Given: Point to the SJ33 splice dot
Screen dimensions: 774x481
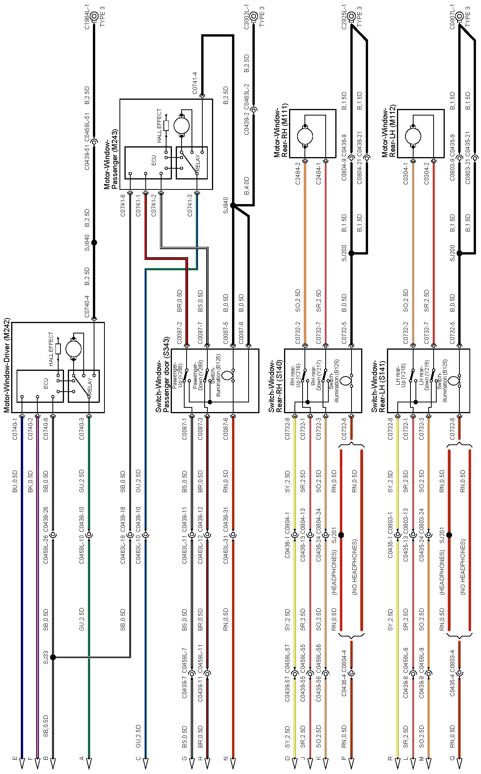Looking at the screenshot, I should click(53, 657).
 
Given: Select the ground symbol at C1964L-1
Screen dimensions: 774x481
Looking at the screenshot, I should click(94, 17).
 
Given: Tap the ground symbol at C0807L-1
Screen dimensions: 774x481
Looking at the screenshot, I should click(459, 17).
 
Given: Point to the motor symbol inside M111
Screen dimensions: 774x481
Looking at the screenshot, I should click(305, 136).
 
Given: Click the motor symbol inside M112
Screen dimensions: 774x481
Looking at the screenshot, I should click(413, 136).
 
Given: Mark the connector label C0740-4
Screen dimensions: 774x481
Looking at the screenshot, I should click(87, 307).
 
